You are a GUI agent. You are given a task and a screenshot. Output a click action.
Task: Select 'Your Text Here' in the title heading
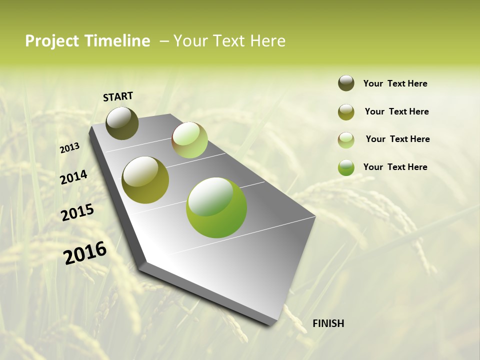[x=229, y=41]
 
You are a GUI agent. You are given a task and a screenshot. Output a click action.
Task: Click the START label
[x=118, y=96]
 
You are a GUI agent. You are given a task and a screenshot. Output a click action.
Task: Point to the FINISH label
[x=328, y=323]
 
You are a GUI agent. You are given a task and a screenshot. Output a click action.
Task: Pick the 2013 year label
[x=69, y=148]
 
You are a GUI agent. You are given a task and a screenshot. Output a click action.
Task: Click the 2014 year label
[x=73, y=177]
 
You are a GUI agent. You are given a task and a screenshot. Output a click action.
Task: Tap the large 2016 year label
[x=84, y=252]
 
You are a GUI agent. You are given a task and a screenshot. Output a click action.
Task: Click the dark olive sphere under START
[x=122, y=123]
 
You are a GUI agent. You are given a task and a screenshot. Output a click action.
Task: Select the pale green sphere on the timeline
[x=189, y=140]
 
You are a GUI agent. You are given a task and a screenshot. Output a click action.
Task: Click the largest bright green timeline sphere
[x=216, y=207]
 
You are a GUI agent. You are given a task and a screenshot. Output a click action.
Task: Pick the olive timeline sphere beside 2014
[x=145, y=180]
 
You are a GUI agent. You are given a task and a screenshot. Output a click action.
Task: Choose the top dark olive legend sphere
[x=346, y=83]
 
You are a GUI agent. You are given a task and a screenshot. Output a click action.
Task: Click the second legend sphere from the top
[x=346, y=112]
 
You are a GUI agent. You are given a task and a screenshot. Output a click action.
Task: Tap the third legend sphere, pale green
[x=346, y=140]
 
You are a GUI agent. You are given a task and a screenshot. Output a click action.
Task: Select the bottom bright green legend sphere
[x=346, y=167]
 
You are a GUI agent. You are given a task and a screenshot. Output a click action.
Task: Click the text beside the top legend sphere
[x=395, y=84]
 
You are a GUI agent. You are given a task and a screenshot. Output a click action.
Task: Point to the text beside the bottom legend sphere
[x=395, y=167]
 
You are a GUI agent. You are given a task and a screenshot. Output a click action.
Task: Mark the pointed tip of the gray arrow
[x=272, y=324]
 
